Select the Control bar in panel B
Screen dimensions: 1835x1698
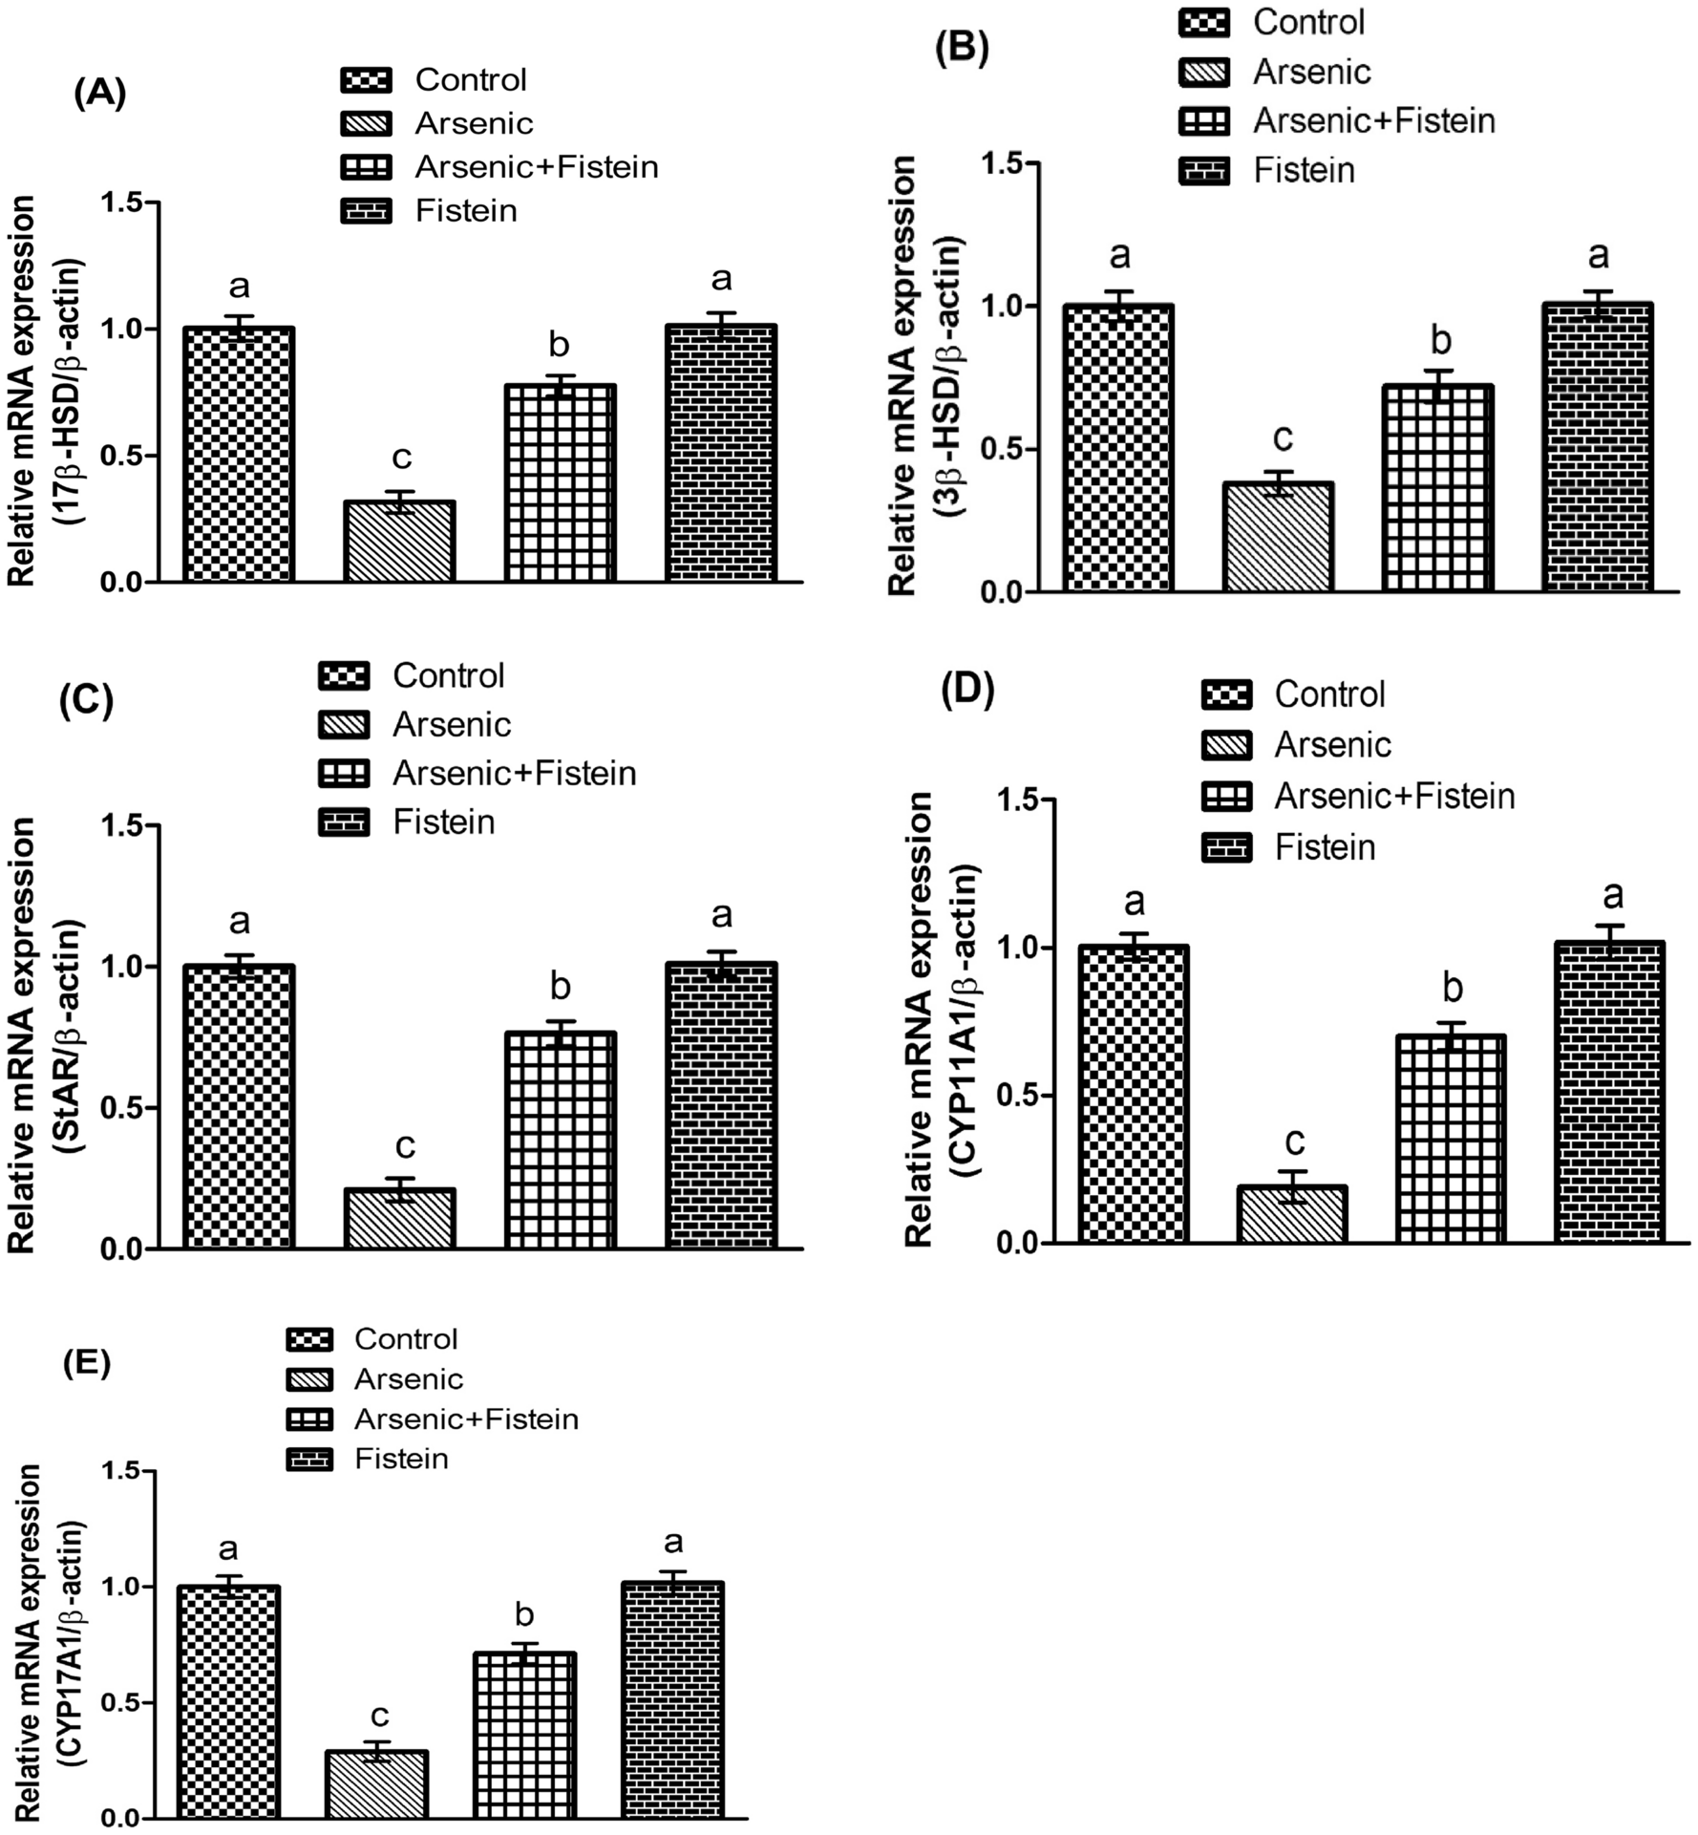coord(1118,448)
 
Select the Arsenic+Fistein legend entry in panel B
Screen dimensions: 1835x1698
coord(1373,121)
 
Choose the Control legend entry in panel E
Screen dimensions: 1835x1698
coord(405,1339)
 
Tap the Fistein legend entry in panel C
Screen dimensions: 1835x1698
coord(443,821)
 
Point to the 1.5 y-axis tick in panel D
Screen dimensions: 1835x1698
coord(1018,800)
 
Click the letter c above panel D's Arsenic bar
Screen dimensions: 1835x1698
coord(1295,1141)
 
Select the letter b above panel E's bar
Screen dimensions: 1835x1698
coord(524,1613)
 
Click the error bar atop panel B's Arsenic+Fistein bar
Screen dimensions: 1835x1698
coord(1438,378)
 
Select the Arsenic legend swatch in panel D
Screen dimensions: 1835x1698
coord(1227,745)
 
